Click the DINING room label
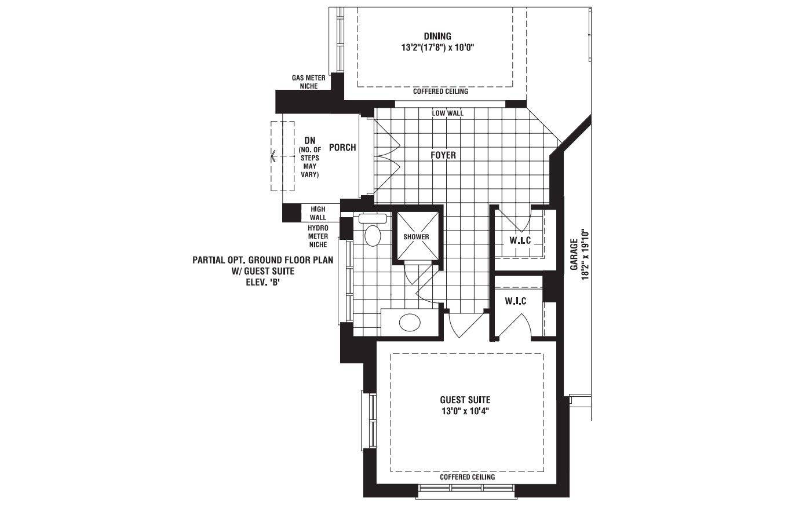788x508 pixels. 437,36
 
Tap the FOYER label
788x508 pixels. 443,155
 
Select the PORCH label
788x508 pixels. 342,147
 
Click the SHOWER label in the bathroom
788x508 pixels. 416,237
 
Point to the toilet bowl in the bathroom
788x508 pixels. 373,235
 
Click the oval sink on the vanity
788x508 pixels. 410,322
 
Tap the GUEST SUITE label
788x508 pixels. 465,400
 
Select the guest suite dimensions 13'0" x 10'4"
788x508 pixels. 465,411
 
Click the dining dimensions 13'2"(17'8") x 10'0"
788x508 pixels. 437,47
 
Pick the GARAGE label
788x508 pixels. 574,254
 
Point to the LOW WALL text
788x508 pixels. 447,114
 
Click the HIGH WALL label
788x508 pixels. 318,213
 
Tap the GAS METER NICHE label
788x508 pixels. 308,82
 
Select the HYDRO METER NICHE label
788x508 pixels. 318,236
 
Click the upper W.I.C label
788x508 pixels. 520,240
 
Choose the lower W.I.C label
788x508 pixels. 515,301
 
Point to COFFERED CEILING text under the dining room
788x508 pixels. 440,92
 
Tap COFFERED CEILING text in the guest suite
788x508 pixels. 467,477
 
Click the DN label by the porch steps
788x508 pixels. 309,141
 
